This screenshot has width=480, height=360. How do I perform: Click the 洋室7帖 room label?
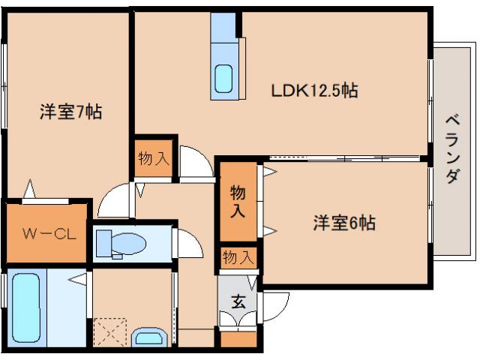pyautogui.click(x=70, y=112)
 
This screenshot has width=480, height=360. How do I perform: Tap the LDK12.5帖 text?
pyautogui.click(x=314, y=91)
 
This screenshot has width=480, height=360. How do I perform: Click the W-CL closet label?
pyautogui.click(x=46, y=232)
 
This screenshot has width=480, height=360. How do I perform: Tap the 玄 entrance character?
pyautogui.click(x=238, y=302)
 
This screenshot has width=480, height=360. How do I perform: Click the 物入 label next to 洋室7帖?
pyautogui.click(x=154, y=158)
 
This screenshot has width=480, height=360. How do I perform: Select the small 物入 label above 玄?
pyautogui.click(x=238, y=258)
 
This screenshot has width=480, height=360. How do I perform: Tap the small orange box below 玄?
pyautogui.click(x=238, y=340)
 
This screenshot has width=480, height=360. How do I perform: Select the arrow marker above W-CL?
pyautogui.click(x=30, y=187)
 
